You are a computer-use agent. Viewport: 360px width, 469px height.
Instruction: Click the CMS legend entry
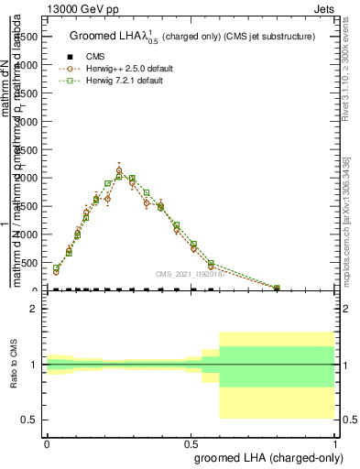94,57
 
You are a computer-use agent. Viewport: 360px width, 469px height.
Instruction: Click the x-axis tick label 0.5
191,443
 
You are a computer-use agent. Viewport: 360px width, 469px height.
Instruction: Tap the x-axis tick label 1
336,443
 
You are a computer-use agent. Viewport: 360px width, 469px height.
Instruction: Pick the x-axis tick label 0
47,443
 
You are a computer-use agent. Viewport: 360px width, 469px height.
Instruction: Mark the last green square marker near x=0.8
277,288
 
